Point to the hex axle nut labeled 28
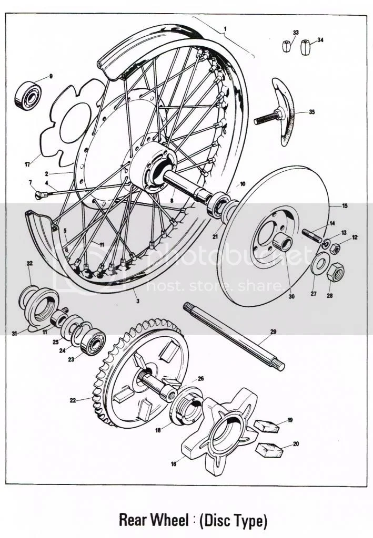335,272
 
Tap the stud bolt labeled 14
312,233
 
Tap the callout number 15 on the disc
345,206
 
